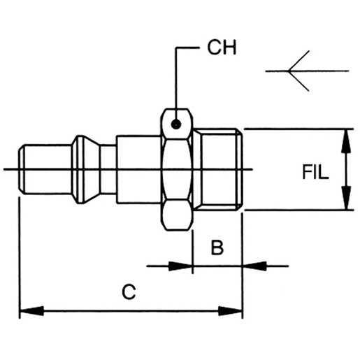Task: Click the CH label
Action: tap(222, 49)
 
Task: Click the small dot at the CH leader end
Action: tap(177, 124)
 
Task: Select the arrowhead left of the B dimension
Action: tap(183, 266)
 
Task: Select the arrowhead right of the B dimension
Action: tap(252, 266)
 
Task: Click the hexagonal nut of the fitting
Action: tap(177, 169)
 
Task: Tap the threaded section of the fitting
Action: tap(221, 169)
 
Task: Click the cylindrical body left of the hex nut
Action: tap(138, 169)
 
